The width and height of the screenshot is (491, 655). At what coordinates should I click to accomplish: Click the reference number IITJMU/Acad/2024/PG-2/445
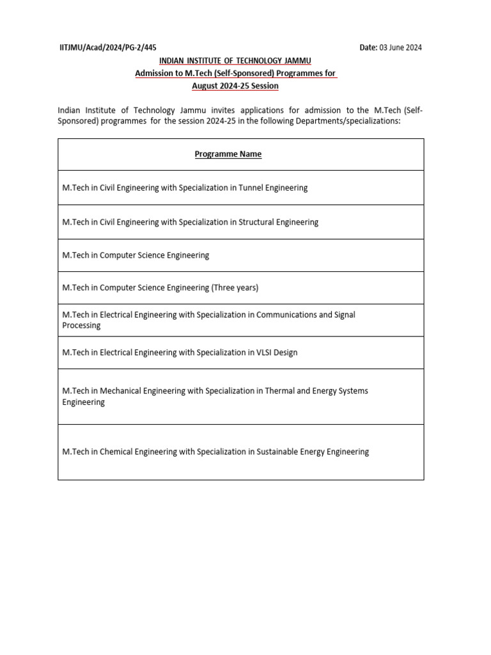[x=107, y=47]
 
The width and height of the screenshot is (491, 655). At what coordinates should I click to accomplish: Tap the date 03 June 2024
[x=400, y=47]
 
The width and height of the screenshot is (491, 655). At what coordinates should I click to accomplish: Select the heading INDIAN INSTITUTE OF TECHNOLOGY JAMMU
[x=235, y=61]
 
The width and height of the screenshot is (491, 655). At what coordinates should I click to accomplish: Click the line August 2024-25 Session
[x=235, y=86]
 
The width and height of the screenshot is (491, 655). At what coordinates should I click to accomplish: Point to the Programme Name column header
[x=228, y=154]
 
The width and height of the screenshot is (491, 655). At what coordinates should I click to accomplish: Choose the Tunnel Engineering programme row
[x=185, y=188]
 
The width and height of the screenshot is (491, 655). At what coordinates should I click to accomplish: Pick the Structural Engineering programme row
[x=190, y=222]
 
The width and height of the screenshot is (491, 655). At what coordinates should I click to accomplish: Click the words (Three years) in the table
[x=235, y=288]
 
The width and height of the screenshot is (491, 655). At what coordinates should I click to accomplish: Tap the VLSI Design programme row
[x=180, y=352]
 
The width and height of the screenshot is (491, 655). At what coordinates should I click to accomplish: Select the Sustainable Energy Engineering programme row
[x=215, y=452]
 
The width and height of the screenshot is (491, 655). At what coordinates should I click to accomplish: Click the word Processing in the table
[x=81, y=326]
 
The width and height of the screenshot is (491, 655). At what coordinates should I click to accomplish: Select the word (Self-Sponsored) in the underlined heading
[x=215, y=74]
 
